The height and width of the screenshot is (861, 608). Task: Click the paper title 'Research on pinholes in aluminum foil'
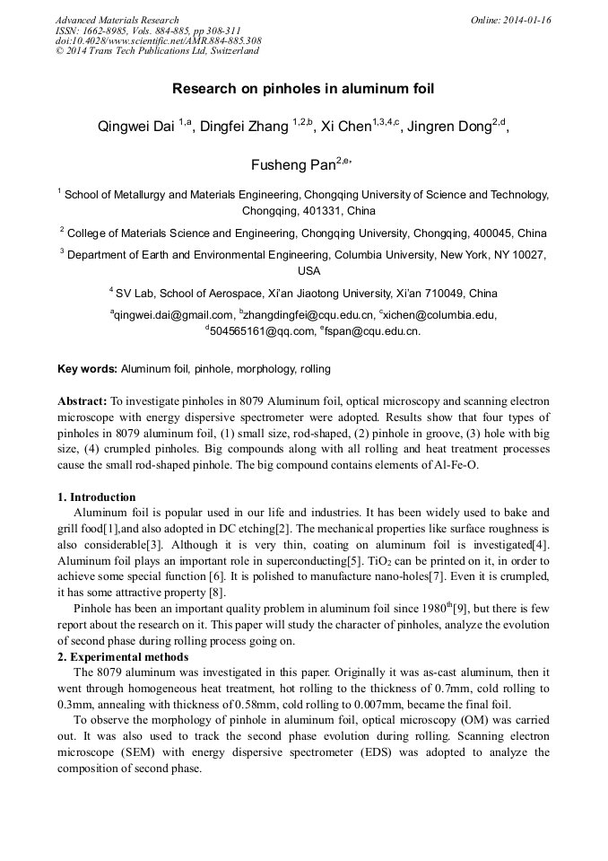[303, 90]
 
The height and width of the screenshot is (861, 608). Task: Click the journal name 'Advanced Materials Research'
[117, 20]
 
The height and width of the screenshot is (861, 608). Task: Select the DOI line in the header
[158, 40]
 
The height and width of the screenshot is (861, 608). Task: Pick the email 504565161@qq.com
[258, 331]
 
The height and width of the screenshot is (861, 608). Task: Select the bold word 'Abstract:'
[83, 401]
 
